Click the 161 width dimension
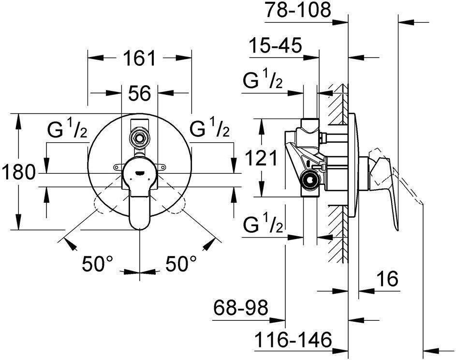coord(139,58)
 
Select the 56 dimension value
coord(140,93)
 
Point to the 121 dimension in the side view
coord(261,159)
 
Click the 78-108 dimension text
coord(298,10)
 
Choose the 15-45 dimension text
coord(276,45)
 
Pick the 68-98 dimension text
coord(240,308)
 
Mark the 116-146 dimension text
coord(293,339)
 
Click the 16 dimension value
coord(388,278)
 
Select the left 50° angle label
coord(97,264)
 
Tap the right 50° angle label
coord(181,264)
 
